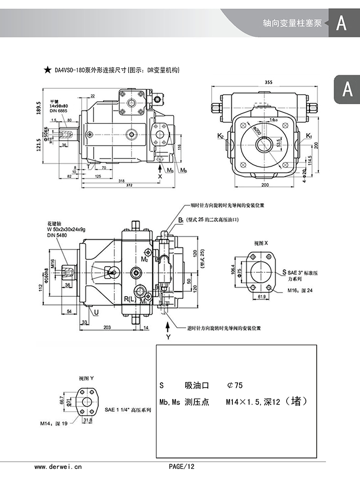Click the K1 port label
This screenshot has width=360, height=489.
(309, 136)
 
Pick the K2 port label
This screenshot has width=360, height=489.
(220, 136)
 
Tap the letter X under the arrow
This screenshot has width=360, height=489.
(160, 176)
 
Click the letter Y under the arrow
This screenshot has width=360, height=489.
(168, 337)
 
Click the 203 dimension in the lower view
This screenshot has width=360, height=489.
(107, 327)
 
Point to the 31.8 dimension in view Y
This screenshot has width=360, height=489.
(88, 421)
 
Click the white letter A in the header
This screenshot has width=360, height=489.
(341, 23)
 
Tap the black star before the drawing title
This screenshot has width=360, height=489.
(48, 70)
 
